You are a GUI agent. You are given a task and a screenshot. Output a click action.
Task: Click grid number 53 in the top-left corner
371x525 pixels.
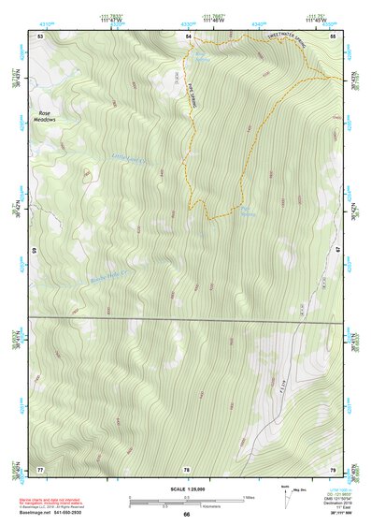tap(40, 35)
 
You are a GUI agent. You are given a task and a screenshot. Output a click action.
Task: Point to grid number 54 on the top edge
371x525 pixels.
tap(188, 35)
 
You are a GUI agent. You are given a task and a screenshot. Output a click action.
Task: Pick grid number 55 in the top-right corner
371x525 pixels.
tap(333, 35)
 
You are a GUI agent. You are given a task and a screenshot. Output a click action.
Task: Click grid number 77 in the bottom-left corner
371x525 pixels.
tap(40, 468)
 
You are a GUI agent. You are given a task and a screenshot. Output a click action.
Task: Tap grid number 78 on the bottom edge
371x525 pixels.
tap(187, 468)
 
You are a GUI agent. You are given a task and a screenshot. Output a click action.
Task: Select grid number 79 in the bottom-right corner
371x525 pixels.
tap(333, 468)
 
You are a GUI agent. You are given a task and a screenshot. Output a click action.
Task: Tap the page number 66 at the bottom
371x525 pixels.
tap(186, 514)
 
